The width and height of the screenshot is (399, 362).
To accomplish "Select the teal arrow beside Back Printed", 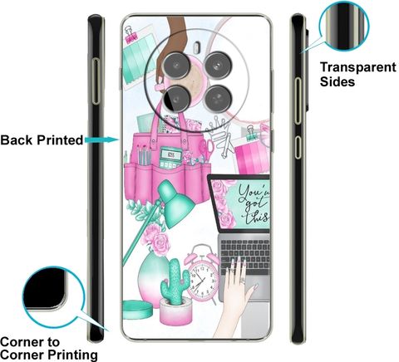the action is (x=102, y=139).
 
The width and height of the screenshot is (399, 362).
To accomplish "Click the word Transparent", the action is (x=358, y=67).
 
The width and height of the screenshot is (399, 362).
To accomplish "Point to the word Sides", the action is (x=337, y=81).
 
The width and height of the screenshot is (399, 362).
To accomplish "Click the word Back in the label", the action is (x=17, y=140).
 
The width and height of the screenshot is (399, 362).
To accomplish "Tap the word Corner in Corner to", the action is (x=21, y=342).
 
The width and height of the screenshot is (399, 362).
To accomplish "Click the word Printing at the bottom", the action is (x=72, y=355).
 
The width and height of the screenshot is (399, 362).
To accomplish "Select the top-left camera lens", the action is (x=176, y=66).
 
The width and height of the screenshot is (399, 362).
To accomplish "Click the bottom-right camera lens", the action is (x=218, y=99).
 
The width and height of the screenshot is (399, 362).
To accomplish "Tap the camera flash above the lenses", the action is (x=197, y=47).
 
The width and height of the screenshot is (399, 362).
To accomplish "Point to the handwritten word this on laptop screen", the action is (x=257, y=217).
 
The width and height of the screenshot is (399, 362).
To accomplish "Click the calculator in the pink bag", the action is (x=170, y=158).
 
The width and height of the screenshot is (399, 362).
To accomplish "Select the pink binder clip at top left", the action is (x=131, y=35).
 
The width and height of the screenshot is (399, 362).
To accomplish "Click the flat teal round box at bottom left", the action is (x=137, y=310).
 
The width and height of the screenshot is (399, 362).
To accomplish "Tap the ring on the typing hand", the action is (x=243, y=281).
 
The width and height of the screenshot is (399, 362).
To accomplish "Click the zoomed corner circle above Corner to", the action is (x=53, y=297).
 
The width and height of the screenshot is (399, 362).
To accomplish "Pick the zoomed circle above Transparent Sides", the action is (x=344, y=26).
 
